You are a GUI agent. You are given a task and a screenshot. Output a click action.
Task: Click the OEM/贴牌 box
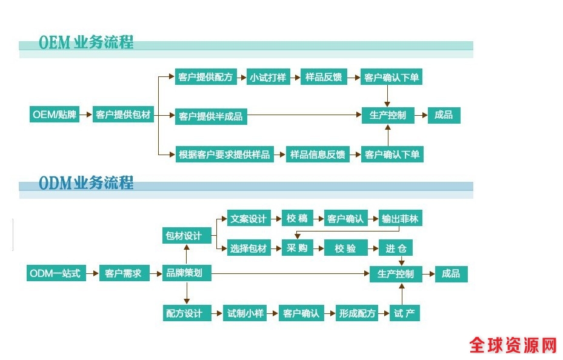(55, 115)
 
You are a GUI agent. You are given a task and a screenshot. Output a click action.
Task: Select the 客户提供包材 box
(123, 115)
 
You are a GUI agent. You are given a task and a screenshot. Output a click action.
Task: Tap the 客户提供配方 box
(205, 78)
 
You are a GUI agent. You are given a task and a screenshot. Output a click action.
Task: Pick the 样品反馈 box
(323, 78)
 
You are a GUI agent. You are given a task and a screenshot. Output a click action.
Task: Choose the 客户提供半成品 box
(211, 116)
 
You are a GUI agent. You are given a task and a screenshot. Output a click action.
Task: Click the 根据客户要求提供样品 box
(224, 154)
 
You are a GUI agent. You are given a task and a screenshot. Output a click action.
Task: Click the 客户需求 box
(123, 273)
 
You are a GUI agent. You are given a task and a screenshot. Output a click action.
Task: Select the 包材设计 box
(184, 235)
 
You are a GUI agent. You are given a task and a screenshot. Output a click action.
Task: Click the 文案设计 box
(248, 218)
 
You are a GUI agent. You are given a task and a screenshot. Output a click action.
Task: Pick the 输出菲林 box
(400, 218)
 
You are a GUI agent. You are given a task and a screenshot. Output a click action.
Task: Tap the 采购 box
(297, 248)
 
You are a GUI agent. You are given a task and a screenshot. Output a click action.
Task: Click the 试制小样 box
(245, 313)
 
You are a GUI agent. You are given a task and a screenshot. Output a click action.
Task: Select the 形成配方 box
(358, 313)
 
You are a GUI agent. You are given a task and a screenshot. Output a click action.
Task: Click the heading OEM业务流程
(86, 44)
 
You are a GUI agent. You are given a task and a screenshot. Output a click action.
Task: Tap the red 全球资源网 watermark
(513, 345)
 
